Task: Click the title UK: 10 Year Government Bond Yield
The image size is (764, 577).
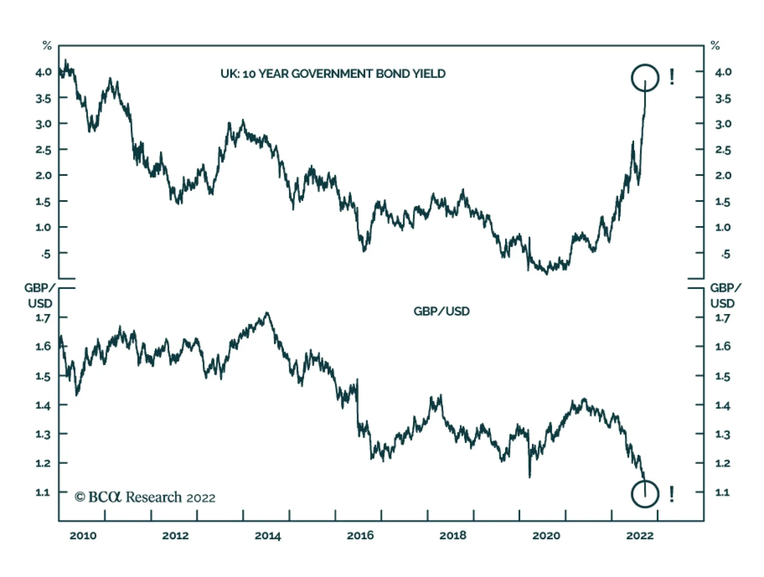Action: (333, 73)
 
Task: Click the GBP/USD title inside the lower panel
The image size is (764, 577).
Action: (441, 311)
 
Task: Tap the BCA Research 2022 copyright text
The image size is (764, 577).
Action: (145, 497)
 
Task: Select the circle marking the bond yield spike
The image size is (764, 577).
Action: (645, 78)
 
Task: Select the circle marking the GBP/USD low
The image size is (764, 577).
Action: (645, 494)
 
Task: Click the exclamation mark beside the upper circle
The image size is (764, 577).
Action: (672, 76)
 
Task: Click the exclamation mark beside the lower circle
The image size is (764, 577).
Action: (672, 494)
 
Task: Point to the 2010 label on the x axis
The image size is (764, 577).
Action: (83, 535)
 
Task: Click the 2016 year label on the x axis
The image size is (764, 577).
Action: (360, 535)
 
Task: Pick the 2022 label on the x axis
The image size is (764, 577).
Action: (639, 535)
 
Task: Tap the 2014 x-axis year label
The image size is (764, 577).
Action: (267, 535)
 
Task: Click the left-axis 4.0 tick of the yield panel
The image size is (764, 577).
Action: (43, 72)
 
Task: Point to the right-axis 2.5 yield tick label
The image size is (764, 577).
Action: (723, 150)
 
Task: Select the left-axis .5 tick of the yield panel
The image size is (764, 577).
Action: (45, 254)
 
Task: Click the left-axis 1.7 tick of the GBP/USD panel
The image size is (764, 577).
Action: (43, 318)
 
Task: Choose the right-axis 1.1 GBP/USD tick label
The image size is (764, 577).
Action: (722, 492)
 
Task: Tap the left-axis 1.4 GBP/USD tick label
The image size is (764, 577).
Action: (43, 406)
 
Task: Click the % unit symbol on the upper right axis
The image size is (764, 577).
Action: (715, 46)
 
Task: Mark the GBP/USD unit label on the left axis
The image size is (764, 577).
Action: (40, 295)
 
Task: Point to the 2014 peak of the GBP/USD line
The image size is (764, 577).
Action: (267, 313)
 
